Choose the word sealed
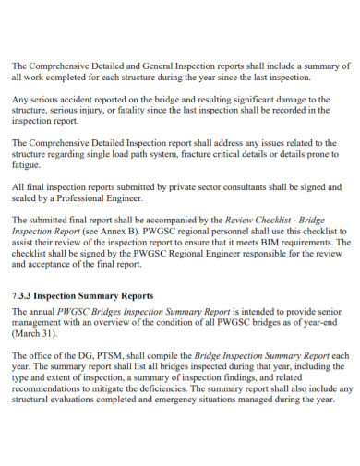[x=27, y=198]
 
